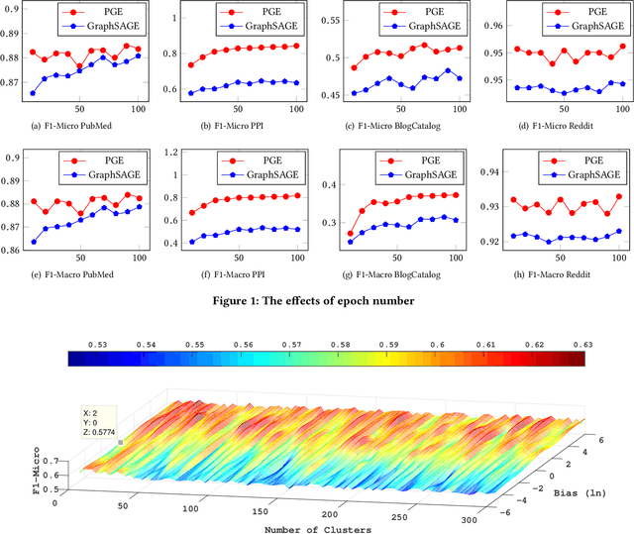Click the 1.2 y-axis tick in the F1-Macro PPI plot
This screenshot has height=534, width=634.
click(170, 152)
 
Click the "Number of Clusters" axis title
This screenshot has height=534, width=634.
click(318, 528)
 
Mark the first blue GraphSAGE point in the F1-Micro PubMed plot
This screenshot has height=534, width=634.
click(34, 93)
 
